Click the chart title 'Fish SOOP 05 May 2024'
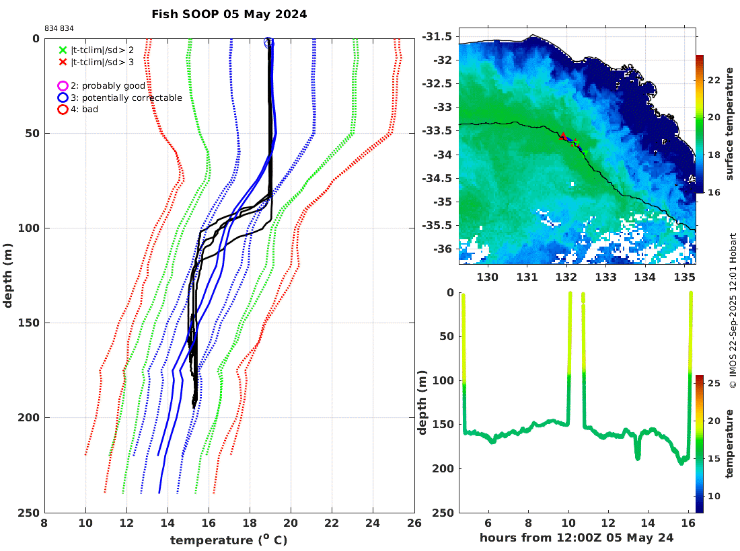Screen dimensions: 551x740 [229, 14]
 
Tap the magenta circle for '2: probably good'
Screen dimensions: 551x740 [63, 86]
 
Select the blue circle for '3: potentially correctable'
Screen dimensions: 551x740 [63, 97]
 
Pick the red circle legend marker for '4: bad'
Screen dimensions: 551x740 [63, 109]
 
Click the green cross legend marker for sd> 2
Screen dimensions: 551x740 [63, 50]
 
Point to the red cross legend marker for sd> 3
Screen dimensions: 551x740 [63, 62]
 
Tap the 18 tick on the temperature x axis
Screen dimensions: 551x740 [250, 523]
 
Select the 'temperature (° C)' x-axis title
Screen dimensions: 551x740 [229, 540]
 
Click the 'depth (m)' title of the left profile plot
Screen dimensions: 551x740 [8, 275]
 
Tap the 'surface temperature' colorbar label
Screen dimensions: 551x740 [729, 126]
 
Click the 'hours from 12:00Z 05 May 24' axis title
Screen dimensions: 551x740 [577, 538]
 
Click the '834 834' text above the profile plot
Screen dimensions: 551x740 [59, 28]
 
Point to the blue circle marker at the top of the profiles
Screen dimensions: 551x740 [268, 42]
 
